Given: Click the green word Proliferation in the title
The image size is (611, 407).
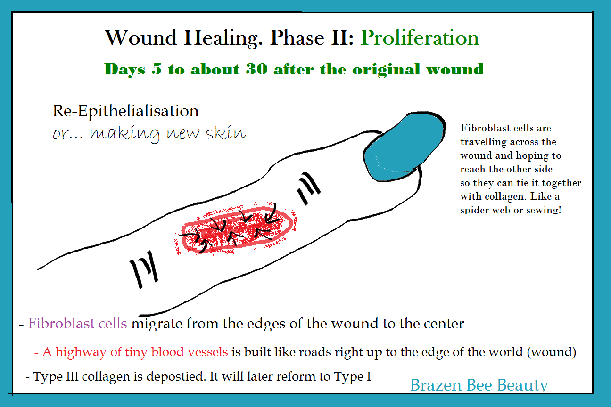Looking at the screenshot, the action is click(420, 38).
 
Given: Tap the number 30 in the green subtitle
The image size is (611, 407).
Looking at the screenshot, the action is click(256, 69).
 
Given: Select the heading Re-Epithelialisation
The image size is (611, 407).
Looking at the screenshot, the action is click(125, 111).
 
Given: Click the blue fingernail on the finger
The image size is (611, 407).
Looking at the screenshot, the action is click(404, 147).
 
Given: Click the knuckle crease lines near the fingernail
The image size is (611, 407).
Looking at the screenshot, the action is click(309, 188).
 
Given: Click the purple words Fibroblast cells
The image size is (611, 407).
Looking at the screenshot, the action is click(77, 324).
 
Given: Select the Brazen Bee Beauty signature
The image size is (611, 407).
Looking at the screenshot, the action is click(479, 385).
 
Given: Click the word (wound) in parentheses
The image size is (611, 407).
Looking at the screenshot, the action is click(552, 352).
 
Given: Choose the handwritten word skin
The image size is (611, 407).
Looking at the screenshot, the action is click(225, 133).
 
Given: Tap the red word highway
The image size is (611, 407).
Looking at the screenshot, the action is click(81, 352).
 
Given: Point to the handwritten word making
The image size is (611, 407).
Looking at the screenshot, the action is click(125, 134).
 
